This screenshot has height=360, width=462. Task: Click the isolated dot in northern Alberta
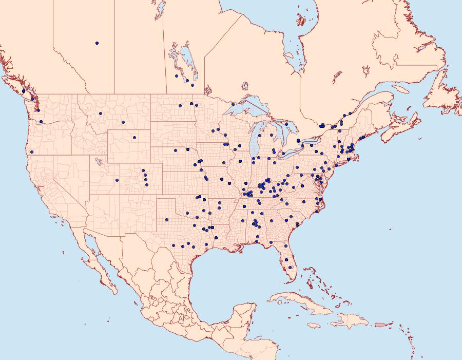point(97,43)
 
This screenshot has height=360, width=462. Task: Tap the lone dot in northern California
point(32,151)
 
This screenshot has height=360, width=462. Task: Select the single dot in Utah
point(117,180)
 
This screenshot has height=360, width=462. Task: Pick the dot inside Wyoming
point(134,138)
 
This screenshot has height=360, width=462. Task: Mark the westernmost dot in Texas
point(167,220)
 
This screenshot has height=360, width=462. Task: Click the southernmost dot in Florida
point(291,267)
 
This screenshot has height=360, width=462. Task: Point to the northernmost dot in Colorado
point(143,170)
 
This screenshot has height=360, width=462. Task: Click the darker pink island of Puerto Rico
point(380,324)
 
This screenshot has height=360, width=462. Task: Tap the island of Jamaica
point(314,325)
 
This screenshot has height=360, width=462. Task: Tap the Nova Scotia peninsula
point(400,126)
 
